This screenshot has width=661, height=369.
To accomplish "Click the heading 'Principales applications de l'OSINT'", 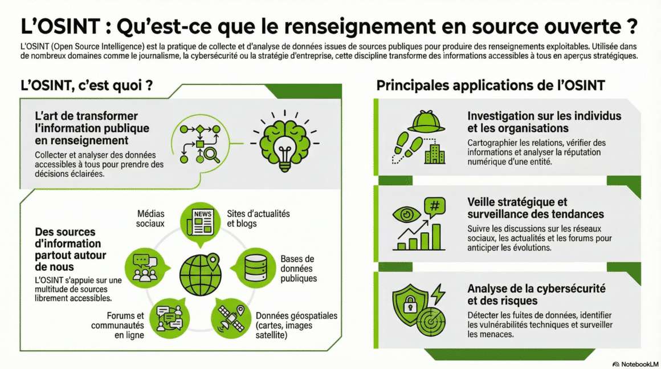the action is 491,86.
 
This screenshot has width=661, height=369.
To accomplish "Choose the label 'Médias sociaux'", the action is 150,218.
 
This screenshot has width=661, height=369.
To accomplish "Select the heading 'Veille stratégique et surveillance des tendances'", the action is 535,208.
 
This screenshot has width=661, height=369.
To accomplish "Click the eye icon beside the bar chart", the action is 406,215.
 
